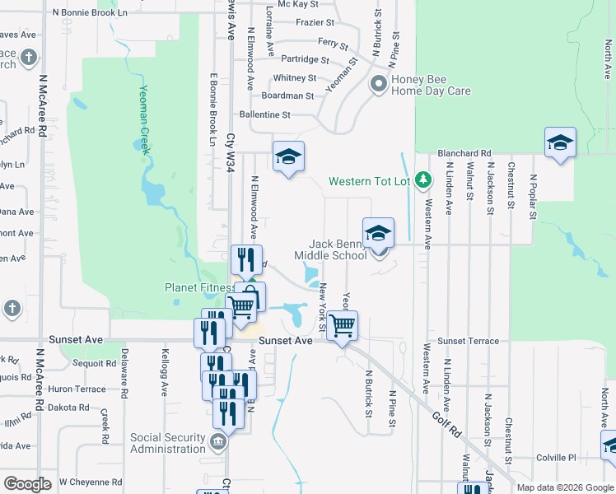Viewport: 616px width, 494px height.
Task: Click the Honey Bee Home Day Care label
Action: (x=431, y=86)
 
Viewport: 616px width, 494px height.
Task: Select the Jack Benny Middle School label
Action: (x=338, y=249)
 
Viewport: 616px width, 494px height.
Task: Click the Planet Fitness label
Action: (x=197, y=288)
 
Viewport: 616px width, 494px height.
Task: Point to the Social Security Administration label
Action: (x=167, y=443)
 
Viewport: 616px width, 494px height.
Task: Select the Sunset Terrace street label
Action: (x=468, y=341)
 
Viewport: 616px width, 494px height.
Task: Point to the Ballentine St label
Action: (x=264, y=115)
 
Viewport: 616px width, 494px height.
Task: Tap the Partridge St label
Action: (x=305, y=60)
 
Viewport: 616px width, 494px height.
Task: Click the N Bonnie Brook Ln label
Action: (x=90, y=13)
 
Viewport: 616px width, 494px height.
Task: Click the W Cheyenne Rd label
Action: (x=91, y=482)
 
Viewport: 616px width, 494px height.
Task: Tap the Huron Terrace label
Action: (x=79, y=389)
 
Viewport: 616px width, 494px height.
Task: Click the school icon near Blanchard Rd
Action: (x=560, y=143)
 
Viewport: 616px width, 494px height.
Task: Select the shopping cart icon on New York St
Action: (x=342, y=324)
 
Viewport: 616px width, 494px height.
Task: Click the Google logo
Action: (x=27, y=484)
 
